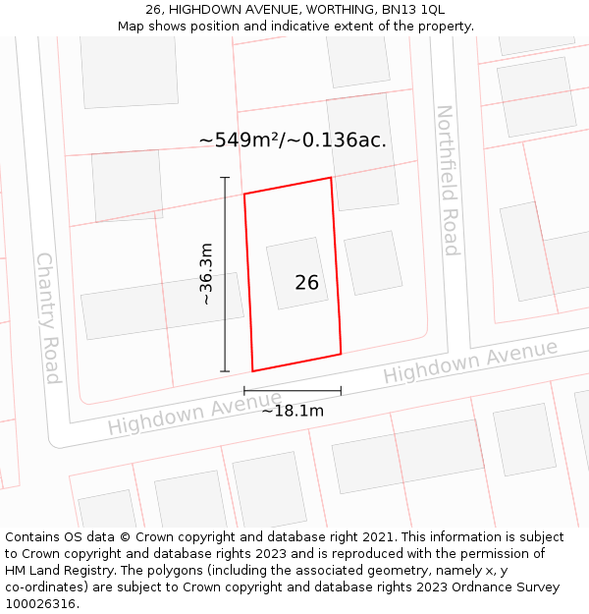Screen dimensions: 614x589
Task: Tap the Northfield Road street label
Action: [447, 181]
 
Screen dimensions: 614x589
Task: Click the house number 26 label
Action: [306, 283]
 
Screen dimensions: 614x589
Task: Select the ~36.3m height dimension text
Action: [206, 274]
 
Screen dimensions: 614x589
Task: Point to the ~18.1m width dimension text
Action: [293, 411]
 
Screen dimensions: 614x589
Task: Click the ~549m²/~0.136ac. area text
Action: [293, 140]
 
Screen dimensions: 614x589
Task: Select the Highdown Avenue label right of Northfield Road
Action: [470, 362]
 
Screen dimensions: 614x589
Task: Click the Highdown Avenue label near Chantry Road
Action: [181, 414]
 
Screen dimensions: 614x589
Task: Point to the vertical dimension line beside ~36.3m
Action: [225, 274]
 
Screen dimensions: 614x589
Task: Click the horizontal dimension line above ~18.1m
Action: [293, 391]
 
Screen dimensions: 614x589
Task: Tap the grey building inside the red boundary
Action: [297, 272]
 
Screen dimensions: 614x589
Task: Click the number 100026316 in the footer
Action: [40, 604]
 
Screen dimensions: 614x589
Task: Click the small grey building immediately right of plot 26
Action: [373, 262]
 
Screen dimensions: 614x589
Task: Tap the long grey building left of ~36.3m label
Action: [162, 306]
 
